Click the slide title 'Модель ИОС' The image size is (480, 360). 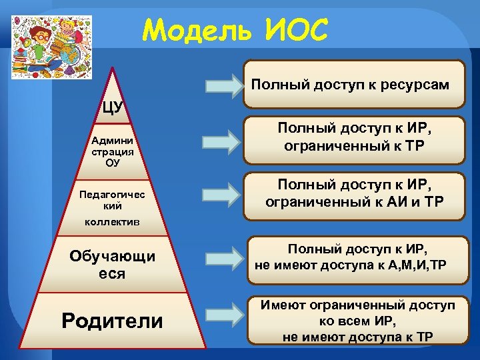pyautogui.click(x=235, y=29)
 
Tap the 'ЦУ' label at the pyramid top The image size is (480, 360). pyautogui.click(x=113, y=107)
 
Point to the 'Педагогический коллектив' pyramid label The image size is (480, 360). pyautogui.click(x=111, y=207)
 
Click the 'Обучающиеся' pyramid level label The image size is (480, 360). pyautogui.click(x=113, y=265)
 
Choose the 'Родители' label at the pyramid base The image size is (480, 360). pyautogui.click(x=112, y=321)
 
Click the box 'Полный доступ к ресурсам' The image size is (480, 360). pyautogui.click(x=353, y=85)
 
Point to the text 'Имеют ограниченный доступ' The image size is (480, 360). pyautogui.click(x=358, y=305)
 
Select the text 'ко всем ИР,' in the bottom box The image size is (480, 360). pyautogui.click(x=358, y=321)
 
